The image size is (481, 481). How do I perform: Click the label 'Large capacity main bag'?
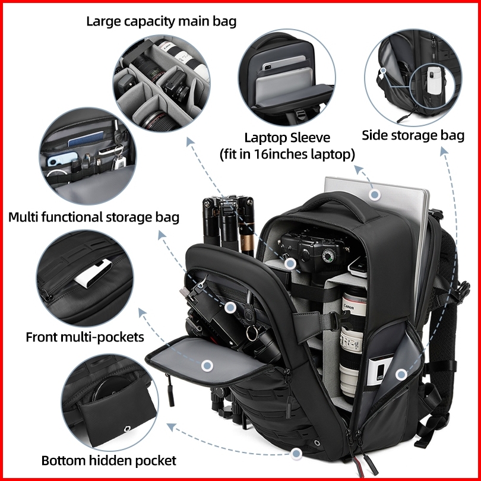tap(162, 22)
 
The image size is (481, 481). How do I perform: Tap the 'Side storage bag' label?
tap(413, 135)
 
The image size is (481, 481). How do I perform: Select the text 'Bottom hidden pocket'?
tap(109, 460)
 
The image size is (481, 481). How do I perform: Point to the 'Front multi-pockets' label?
tap(85, 337)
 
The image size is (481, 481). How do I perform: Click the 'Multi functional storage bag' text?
tap(94, 217)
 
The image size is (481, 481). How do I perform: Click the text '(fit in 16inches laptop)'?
tap(287, 154)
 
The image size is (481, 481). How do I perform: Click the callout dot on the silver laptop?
tap(374, 194)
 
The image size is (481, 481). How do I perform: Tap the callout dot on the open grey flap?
tap(207, 366)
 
